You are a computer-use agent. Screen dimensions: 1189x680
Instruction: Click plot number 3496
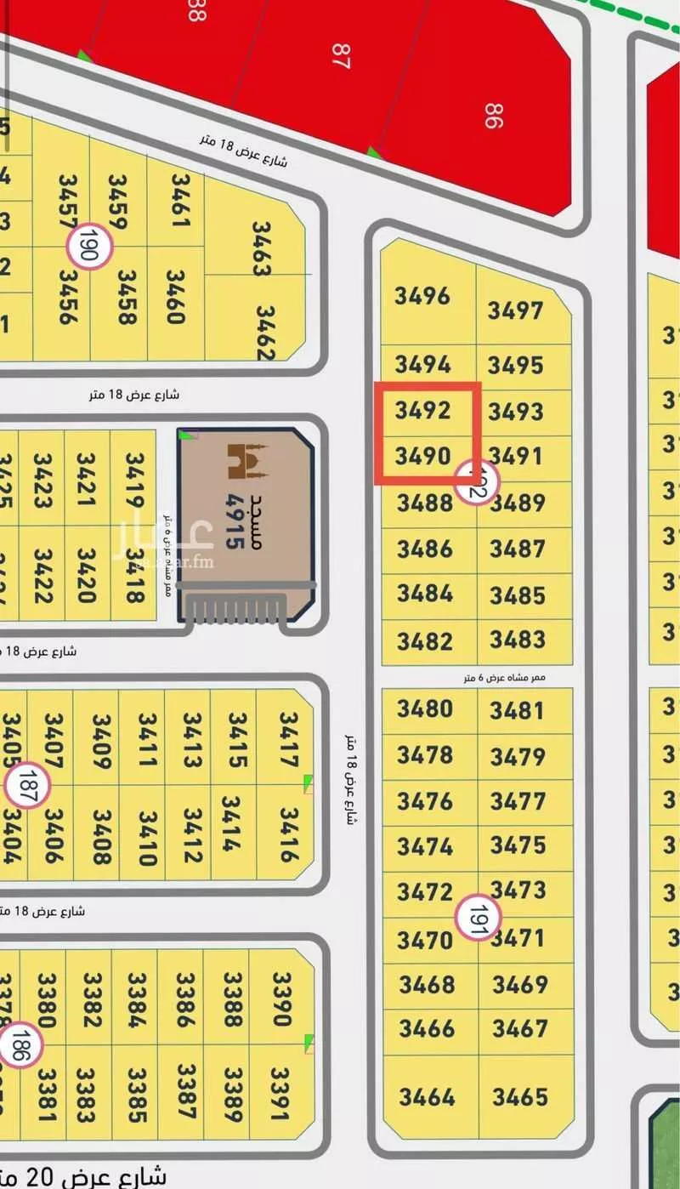422,296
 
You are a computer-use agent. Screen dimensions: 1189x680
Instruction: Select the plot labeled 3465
519,1096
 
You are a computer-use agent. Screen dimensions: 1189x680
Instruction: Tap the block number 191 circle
478,918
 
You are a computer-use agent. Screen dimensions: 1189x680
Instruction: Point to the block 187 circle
27,783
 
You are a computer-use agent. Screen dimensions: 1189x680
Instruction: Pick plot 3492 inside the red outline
422,411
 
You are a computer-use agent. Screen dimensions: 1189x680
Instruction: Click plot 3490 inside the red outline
422,457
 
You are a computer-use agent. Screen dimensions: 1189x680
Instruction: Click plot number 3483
518,639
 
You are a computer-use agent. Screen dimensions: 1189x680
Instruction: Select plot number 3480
425,708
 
